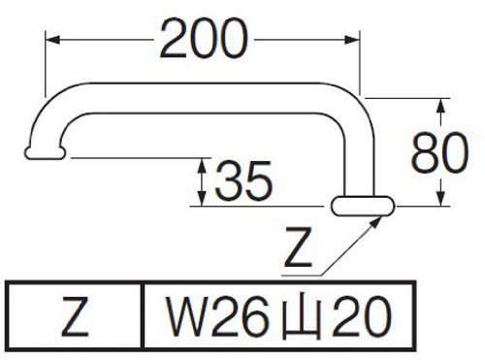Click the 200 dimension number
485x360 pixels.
coord(204,39)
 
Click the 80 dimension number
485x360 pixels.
coord(439,152)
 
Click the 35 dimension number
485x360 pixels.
coord(243,180)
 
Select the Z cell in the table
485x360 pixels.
coord(75,316)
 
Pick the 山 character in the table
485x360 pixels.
coord(302,317)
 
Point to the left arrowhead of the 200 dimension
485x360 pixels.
coord(52,40)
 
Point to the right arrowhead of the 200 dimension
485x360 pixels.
coord(352,40)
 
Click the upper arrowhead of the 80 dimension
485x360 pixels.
coord(440,106)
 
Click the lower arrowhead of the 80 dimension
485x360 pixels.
coord(440,198)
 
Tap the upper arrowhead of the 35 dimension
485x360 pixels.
coord(202,166)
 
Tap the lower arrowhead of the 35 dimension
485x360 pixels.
coord(202,198)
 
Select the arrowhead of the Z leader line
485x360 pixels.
coord(374,222)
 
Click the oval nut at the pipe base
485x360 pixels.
coord(363,206)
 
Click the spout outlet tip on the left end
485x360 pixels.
coord(45,153)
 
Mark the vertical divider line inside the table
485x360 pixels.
coord(143,316)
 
